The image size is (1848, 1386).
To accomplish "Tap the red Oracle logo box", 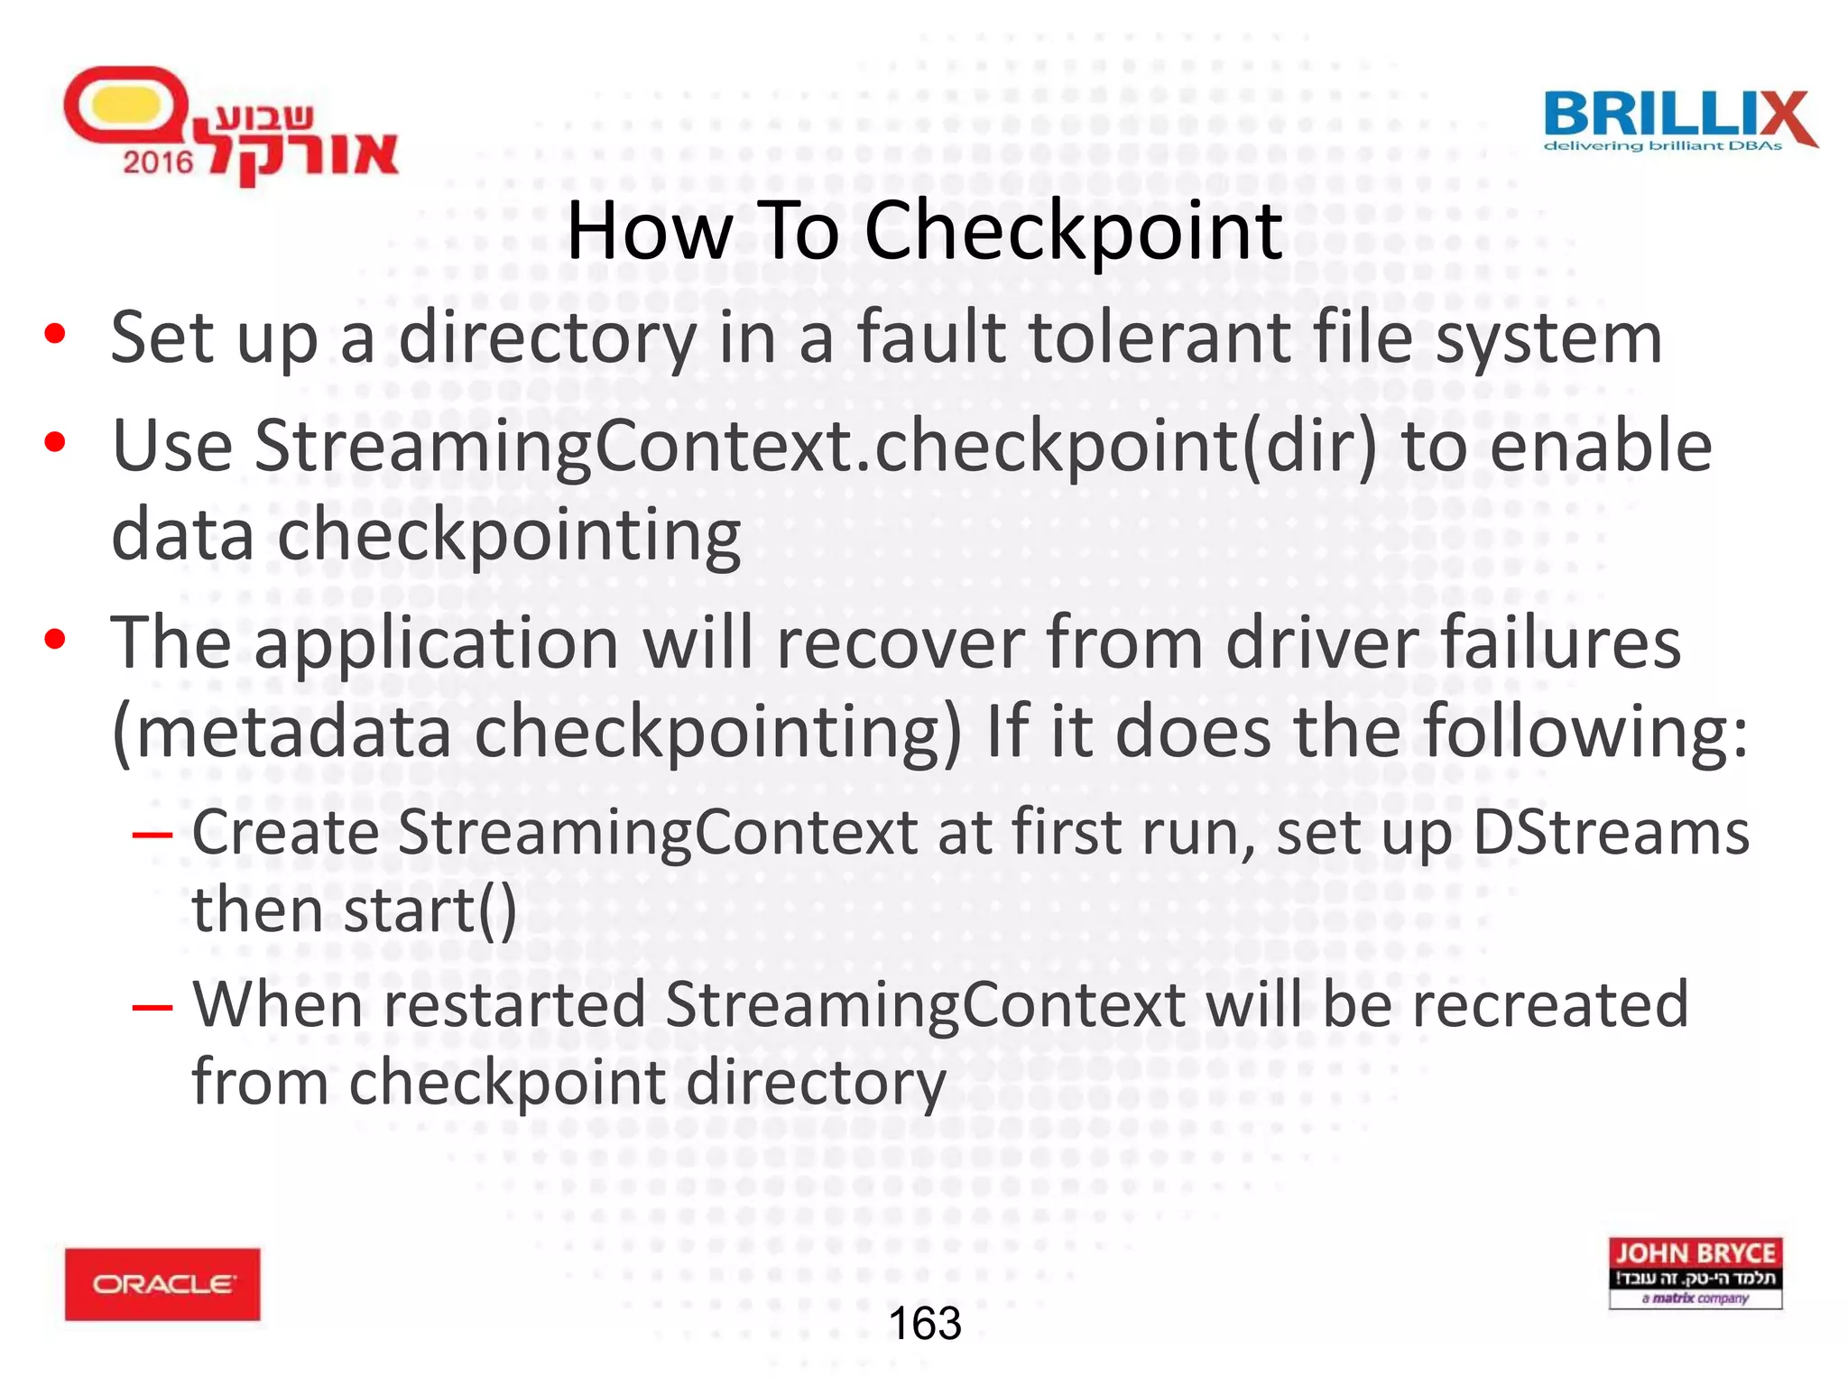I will point(162,1283).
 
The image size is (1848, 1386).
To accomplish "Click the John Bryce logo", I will point(1695,1272).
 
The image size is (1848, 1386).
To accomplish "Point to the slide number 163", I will point(925,1324).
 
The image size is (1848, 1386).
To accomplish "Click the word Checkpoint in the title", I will point(1073,232).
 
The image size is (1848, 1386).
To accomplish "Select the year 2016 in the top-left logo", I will point(158,162).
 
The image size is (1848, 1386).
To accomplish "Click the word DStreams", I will point(1611,831).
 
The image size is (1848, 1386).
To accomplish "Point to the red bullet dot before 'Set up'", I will point(55,335).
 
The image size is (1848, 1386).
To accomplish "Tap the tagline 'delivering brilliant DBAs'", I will point(1662,146).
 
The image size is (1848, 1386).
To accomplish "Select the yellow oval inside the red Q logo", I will point(122,106).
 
